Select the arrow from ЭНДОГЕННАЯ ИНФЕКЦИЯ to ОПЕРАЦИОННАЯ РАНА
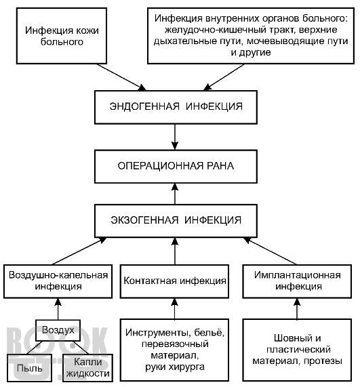[175, 137]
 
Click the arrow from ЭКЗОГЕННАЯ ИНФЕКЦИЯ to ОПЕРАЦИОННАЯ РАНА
[175, 194]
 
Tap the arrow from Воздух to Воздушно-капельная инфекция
[58, 309]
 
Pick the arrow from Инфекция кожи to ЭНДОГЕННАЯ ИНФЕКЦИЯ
[121, 77]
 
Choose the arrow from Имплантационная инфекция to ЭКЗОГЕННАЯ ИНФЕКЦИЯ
[270, 251]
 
